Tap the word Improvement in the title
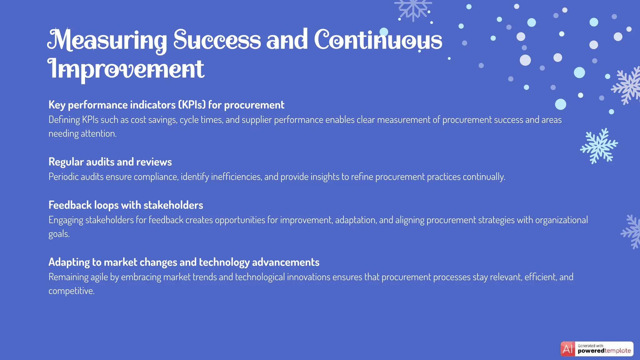[126, 69]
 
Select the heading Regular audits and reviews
[110, 162]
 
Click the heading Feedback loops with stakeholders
[126, 205]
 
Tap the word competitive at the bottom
[71, 291]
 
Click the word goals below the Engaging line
[58, 234]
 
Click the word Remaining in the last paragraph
[68, 277]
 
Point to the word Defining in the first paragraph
[64, 120]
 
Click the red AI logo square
[567, 349]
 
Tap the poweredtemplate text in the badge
[604, 351]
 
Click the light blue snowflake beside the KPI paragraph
[599, 146]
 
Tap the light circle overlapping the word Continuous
[384, 32]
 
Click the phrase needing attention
[82, 134]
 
